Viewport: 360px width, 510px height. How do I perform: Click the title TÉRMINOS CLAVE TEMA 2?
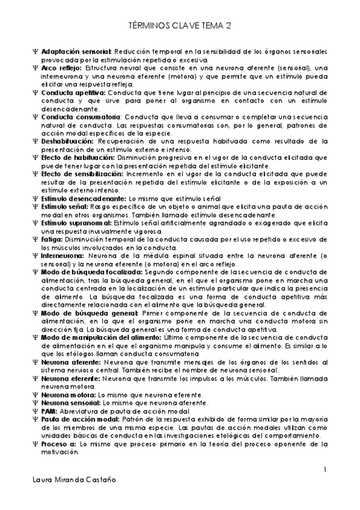(180, 26)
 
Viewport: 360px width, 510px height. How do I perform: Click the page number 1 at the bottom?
(325, 469)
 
